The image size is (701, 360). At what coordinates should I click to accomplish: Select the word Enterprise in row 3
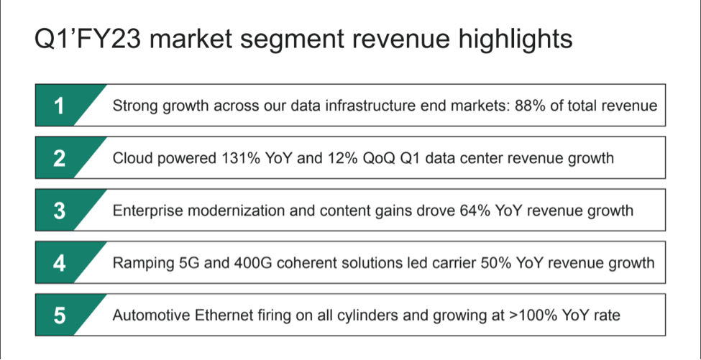tap(146, 211)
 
